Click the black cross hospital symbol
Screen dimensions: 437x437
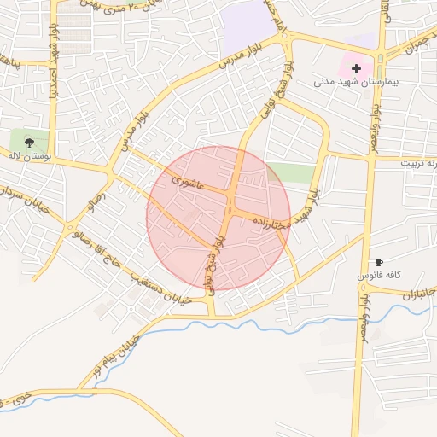point(356,67)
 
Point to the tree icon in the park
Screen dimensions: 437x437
point(30,142)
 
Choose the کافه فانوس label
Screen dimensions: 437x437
point(379,277)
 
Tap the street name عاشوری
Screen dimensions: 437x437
point(185,180)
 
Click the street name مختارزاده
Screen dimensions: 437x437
point(271,220)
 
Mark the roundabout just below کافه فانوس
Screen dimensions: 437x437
point(362,289)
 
